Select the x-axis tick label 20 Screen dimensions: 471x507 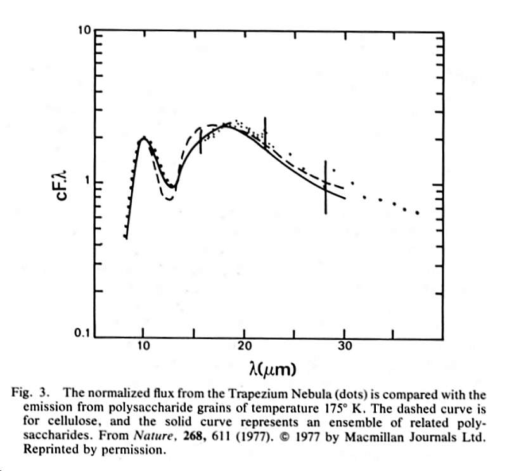[x=245, y=346]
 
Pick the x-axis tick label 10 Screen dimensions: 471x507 [x=144, y=346]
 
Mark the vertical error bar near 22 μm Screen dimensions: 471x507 [x=265, y=133]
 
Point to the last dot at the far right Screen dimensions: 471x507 [x=418, y=213]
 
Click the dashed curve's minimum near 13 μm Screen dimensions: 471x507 [x=169, y=199]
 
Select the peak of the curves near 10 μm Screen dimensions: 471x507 [x=144, y=138]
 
